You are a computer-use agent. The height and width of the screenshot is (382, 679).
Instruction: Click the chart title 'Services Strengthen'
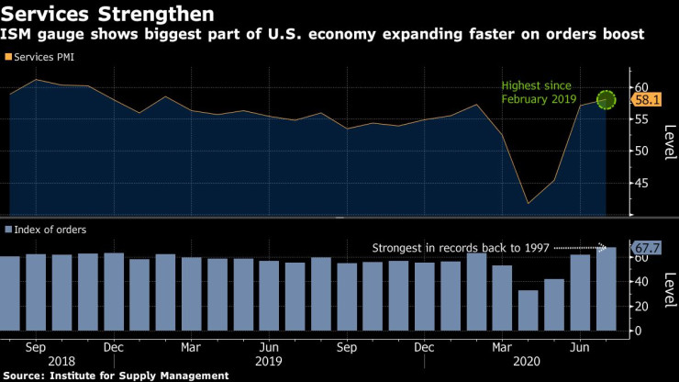point(109,15)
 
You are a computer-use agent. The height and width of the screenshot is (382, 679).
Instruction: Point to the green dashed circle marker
point(606,99)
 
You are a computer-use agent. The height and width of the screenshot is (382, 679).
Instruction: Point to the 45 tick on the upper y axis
point(640,183)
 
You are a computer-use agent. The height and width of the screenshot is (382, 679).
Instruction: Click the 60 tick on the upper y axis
point(640,87)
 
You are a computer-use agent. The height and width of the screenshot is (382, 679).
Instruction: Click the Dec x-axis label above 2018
point(114,349)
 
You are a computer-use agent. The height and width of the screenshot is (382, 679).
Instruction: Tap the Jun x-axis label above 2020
point(579,349)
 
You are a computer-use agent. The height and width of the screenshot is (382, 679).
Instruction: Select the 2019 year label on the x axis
point(269,363)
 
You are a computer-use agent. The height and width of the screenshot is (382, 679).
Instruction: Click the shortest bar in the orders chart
point(528,313)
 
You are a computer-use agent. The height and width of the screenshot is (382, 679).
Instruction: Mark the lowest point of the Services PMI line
point(528,203)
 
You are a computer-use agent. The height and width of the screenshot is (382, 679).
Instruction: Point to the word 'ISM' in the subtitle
point(20,35)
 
